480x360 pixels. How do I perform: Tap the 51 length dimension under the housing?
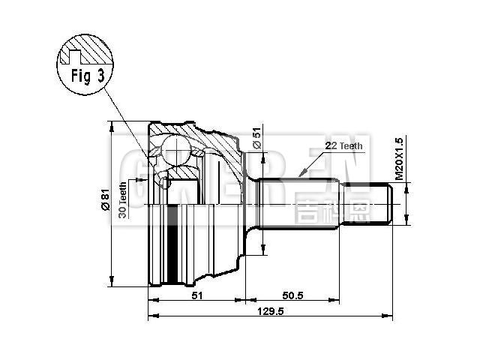196,295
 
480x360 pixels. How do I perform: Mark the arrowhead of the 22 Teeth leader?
301,175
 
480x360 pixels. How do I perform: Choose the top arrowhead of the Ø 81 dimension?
112,124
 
